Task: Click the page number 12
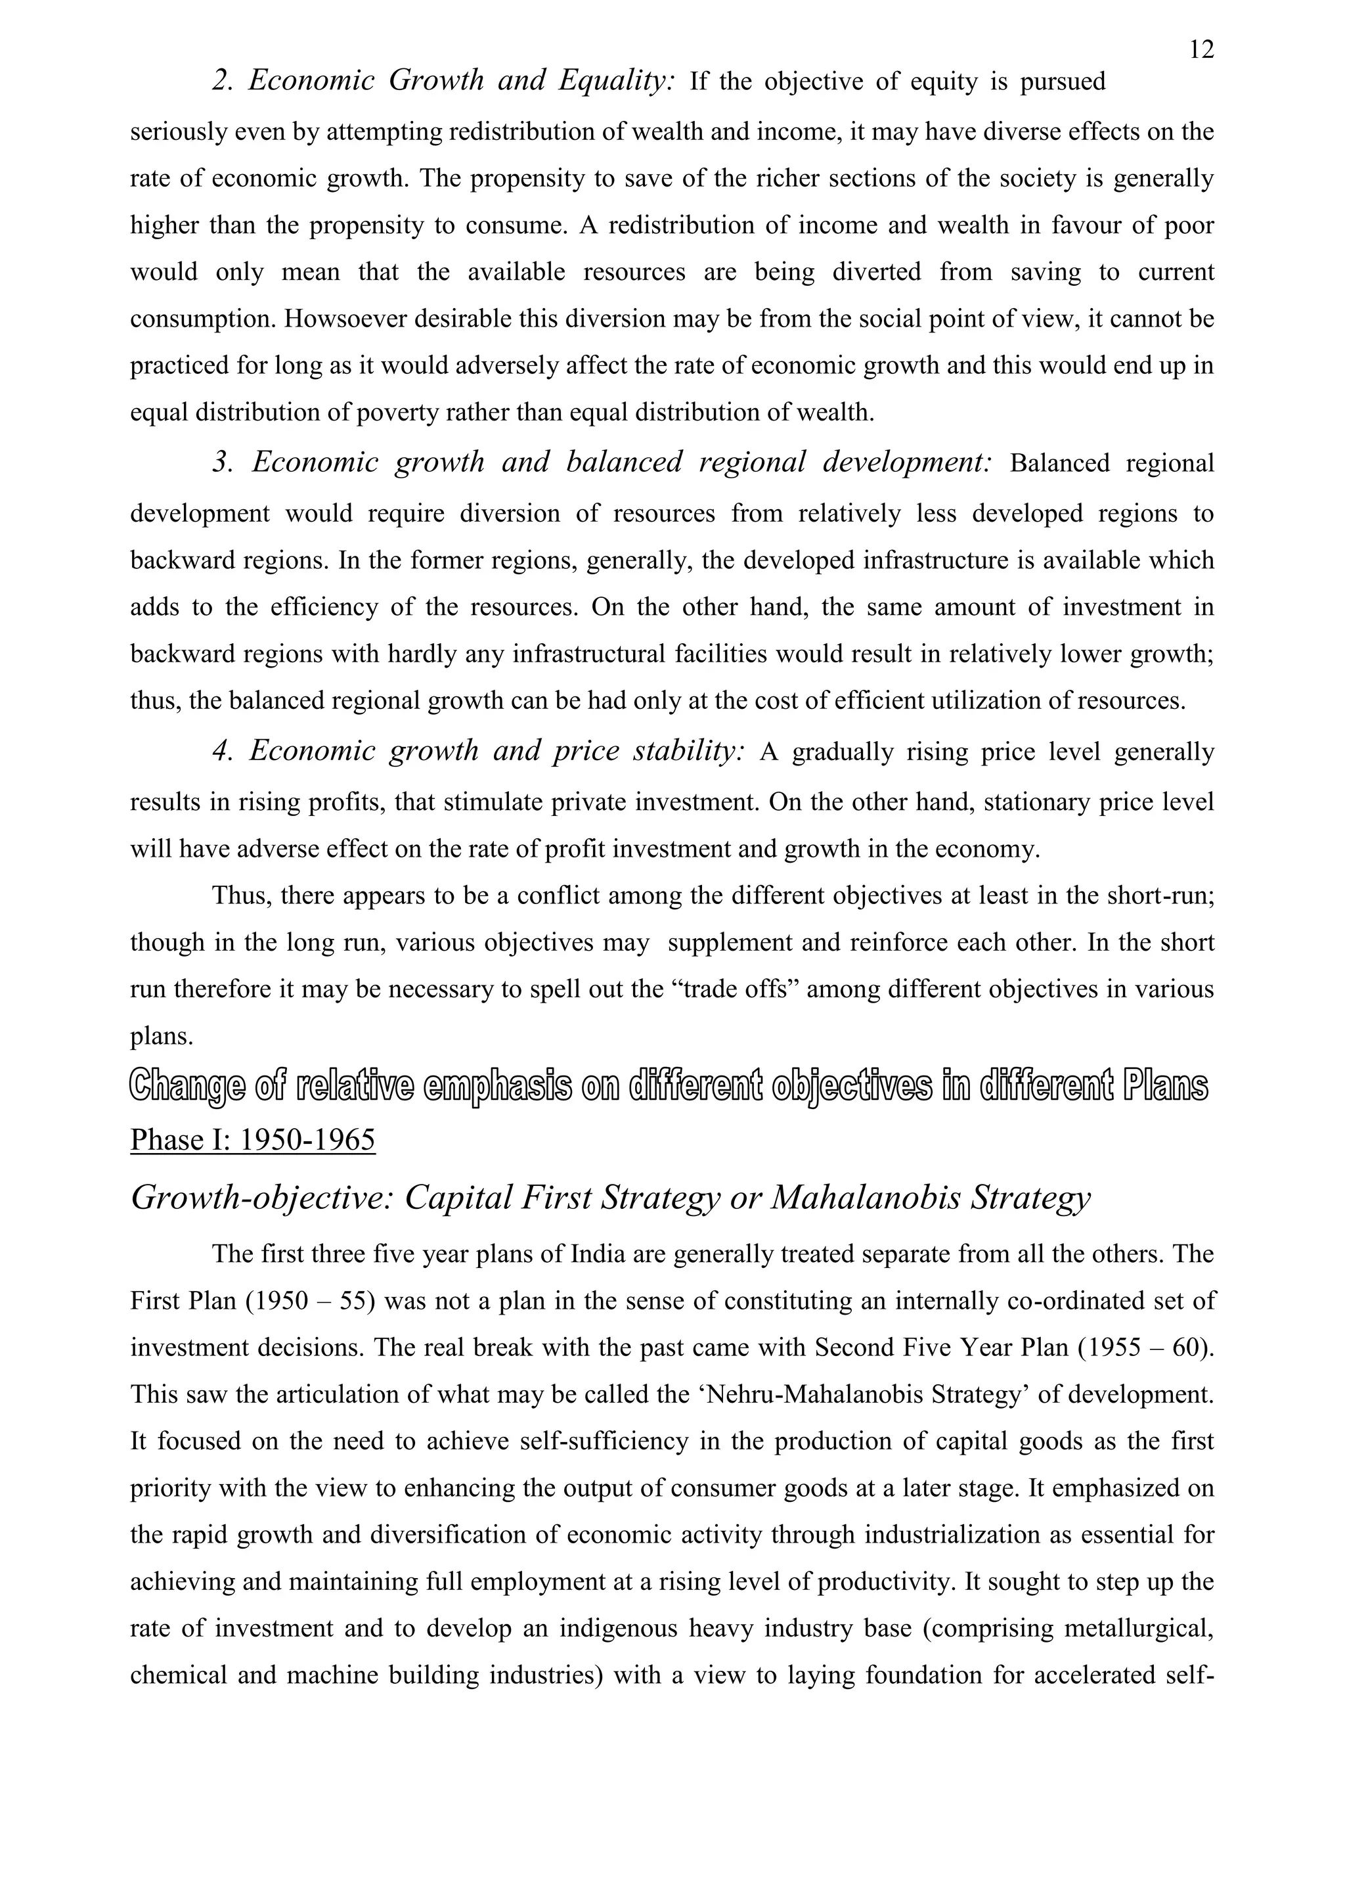coord(1201,51)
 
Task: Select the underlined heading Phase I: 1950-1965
coord(253,1141)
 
